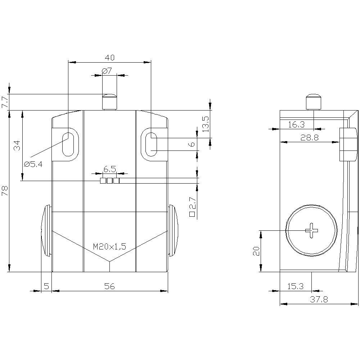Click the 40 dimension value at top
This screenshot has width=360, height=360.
coord(110,57)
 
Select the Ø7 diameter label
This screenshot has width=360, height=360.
coord(107,71)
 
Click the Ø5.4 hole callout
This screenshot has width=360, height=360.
coord(33,164)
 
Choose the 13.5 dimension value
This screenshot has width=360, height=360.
coord(205,124)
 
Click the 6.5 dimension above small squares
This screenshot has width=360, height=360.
coord(109,168)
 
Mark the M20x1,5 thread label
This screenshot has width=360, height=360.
coord(109,247)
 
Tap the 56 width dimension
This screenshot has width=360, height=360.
coord(109,286)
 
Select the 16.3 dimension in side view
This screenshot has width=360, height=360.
coord(296,125)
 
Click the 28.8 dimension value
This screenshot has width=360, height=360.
coord(310,138)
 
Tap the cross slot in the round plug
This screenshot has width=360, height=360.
coord(312,230)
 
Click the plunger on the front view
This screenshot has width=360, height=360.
coord(109,102)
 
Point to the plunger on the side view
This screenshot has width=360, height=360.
coord(314,102)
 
